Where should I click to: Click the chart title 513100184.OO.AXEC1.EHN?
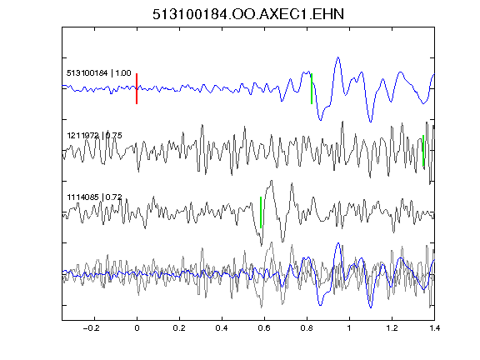[x=248, y=14]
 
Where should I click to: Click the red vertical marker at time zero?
[x=137, y=89]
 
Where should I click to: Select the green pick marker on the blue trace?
[x=312, y=89]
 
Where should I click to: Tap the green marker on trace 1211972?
[x=423, y=151]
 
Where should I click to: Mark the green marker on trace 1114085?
[x=261, y=212]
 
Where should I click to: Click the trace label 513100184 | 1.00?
[x=99, y=73]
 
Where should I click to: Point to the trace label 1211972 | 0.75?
[x=95, y=135]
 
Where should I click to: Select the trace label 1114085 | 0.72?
[x=95, y=197]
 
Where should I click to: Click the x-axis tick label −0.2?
[x=92, y=328]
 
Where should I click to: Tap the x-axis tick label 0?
[x=137, y=328]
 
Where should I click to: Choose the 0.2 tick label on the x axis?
[x=179, y=328]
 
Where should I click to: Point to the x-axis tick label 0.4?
[x=222, y=328]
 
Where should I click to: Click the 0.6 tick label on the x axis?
[x=264, y=328]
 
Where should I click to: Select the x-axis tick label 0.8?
[x=307, y=328]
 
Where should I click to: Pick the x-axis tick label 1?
[x=349, y=328]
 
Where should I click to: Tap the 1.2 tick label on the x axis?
[x=392, y=328]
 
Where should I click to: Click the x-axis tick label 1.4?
[x=434, y=328]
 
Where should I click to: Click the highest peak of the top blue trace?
[x=338, y=57]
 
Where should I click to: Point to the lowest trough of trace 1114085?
[x=261, y=246]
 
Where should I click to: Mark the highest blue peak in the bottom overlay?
[x=338, y=243]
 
